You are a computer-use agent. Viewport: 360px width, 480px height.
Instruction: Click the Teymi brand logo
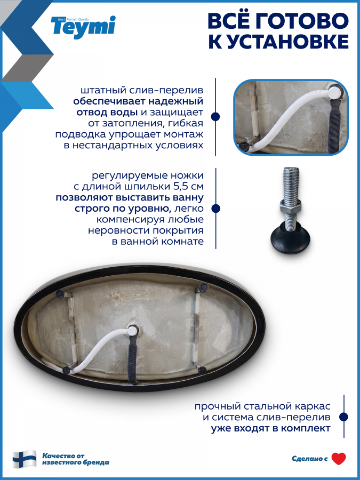click(83, 27)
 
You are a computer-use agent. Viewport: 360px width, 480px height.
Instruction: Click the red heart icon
click(339, 459)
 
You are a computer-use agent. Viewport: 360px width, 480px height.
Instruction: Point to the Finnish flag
click(25, 459)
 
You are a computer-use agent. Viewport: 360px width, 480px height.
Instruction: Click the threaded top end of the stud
click(291, 170)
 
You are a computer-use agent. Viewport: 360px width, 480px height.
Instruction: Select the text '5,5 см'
click(189, 187)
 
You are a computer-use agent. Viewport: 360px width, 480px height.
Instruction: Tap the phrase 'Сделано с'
click(309, 459)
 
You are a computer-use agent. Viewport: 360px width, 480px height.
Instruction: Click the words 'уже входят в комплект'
click(271, 428)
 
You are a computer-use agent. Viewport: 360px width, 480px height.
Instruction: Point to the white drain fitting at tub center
click(133, 331)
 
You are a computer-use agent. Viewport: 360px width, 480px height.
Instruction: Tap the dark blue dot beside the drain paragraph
click(216, 117)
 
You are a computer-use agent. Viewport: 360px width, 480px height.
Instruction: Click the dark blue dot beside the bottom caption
click(344, 417)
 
